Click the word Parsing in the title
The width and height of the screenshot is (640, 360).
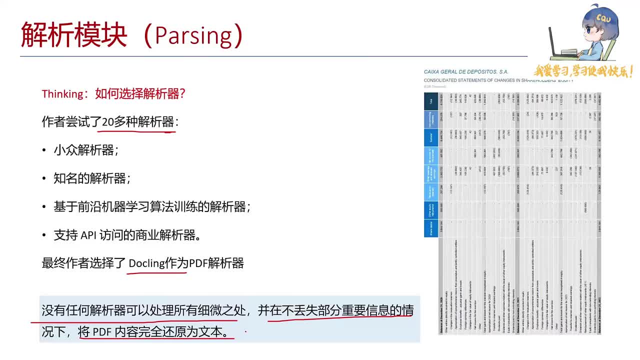coord(193,35)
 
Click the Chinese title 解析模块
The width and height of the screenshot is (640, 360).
coord(74,35)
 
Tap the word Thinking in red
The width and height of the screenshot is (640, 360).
coord(62,93)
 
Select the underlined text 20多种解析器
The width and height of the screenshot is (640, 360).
coord(138,122)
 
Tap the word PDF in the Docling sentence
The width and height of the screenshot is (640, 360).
coord(198,263)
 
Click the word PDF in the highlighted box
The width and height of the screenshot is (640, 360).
coord(102,331)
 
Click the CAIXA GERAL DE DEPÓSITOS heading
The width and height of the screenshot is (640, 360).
coord(465,72)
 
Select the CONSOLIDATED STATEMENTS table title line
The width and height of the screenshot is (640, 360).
coord(498,80)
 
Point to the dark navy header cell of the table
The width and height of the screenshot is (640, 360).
coord(431,101)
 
